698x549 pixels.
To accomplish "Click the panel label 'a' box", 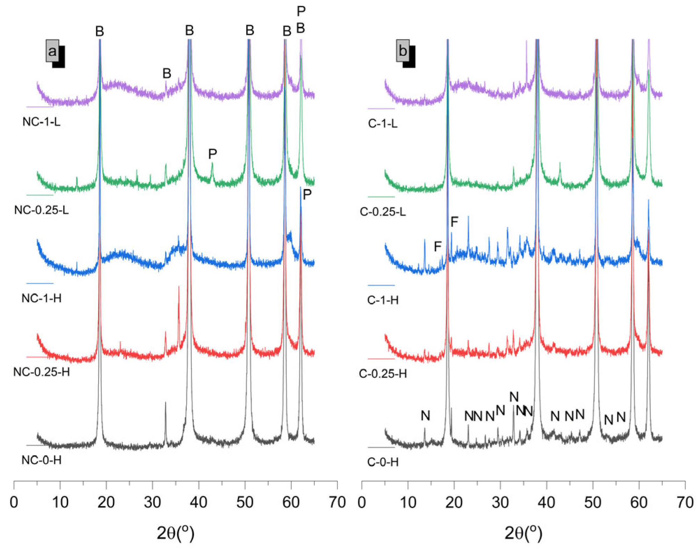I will (x=52, y=51).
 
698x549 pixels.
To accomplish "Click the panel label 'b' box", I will (x=403, y=51).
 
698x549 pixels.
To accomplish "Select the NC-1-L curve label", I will (x=41, y=122).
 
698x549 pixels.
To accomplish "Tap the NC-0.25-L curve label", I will (x=41, y=210).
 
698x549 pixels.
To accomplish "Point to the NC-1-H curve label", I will (x=41, y=298).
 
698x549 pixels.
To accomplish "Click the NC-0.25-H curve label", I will (x=41, y=372).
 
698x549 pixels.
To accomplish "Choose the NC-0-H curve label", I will (x=41, y=460).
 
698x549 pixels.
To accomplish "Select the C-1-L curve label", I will (x=383, y=124).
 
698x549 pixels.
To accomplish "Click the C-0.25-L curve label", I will (x=383, y=212).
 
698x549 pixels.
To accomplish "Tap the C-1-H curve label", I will (x=383, y=300).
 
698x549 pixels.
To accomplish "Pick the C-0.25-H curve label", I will (x=383, y=374).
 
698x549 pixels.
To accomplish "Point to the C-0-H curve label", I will (x=383, y=462).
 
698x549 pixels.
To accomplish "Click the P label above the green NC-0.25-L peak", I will (x=212, y=154).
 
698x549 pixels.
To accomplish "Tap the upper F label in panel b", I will (x=454, y=222).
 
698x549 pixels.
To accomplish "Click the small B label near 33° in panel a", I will (x=167, y=73).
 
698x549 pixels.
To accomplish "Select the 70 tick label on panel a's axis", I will (x=337, y=503).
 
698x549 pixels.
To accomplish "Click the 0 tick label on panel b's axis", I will (x=362, y=503).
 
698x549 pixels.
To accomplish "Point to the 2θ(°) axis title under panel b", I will (x=523, y=533).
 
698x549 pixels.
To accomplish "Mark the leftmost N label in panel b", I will (x=425, y=415).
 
